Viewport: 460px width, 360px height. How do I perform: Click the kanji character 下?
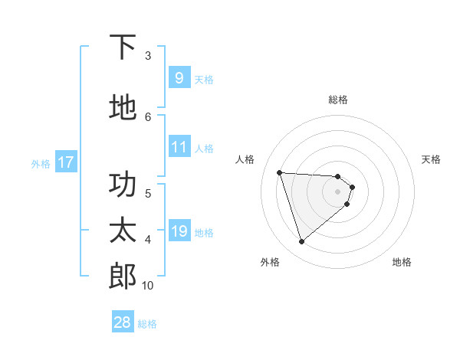(x=123, y=47)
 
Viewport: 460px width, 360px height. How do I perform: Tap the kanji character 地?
(x=123, y=107)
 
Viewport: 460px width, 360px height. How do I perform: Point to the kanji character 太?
(x=123, y=231)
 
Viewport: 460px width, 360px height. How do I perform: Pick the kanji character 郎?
(x=123, y=277)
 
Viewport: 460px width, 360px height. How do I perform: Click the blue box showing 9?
(x=179, y=77)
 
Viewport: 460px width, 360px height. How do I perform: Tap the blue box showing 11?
(x=179, y=147)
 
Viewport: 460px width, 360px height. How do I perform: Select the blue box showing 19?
(x=179, y=231)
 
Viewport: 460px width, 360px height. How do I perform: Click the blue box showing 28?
(x=123, y=322)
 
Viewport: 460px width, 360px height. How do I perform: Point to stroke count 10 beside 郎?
(x=148, y=286)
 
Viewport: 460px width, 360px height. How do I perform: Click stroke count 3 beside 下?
(x=148, y=55)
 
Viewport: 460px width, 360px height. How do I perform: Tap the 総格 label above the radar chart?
(x=338, y=100)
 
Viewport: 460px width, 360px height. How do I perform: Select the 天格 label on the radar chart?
(x=431, y=159)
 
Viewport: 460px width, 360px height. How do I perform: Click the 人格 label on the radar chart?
(x=245, y=159)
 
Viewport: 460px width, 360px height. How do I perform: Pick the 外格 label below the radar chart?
(x=270, y=262)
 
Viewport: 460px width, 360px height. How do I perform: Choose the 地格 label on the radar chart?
(x=402, y=262)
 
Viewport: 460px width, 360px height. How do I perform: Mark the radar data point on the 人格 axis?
(x=280, y=172)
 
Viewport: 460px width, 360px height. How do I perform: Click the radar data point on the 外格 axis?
(x=301, y=242)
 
